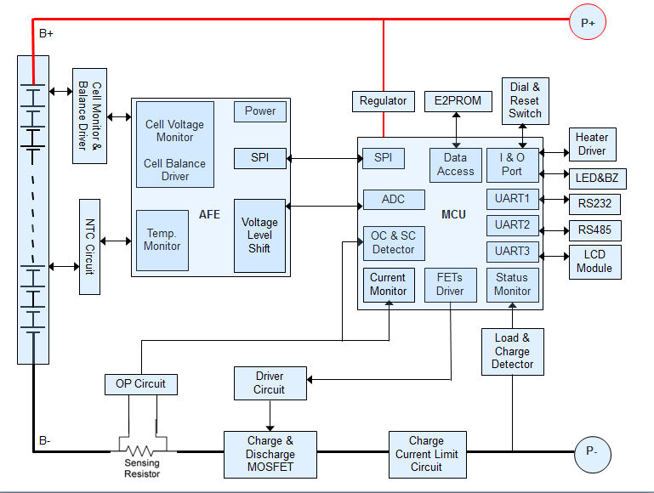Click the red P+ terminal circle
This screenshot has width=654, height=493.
point(588,23)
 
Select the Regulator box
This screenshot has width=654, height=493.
point(383,101)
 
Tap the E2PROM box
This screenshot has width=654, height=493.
point(458,101)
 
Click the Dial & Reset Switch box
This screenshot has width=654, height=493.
point(525,100)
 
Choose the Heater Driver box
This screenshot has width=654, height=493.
point(591,144)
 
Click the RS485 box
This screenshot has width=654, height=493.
point(594,230)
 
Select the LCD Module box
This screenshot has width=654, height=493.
point(594,262)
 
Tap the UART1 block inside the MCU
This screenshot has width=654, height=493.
point(512,199)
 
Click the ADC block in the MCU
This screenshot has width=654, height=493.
point(393,200)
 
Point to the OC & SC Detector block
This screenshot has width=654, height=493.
point(393,243)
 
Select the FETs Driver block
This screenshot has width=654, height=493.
point(450,285)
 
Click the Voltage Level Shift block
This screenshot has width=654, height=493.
point(259,235)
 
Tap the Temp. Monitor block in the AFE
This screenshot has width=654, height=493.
point(162,240)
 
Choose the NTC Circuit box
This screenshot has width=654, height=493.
point(90,246)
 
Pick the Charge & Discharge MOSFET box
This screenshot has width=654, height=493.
point(270,455)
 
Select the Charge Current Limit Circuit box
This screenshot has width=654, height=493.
point(426,455)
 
